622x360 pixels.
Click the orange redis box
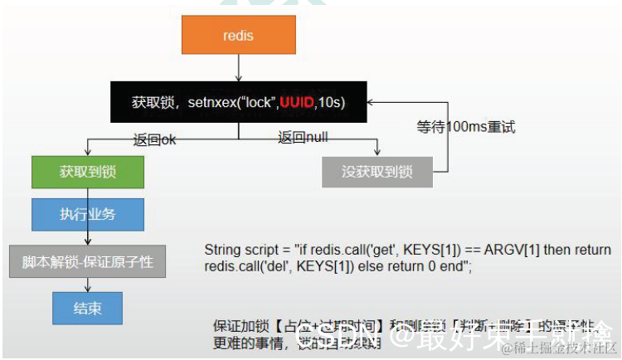238,36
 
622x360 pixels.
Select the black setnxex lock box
238,102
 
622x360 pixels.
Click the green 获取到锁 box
88,172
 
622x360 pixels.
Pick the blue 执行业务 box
88,214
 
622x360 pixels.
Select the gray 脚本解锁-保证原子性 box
88,261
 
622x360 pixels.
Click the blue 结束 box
88,308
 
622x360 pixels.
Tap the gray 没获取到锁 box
377,172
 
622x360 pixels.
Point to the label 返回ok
154,139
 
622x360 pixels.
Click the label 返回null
303,138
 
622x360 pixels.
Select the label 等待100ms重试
466,128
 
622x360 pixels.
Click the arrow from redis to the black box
238,69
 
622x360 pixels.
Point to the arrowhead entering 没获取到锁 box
377,153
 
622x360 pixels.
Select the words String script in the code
241,250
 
